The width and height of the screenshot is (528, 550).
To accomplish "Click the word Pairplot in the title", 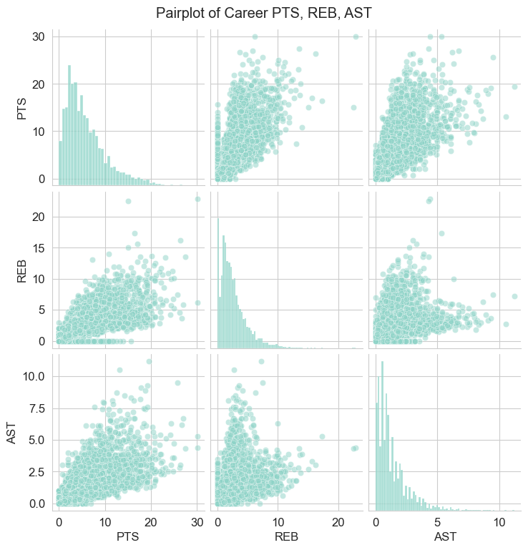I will [181, 12].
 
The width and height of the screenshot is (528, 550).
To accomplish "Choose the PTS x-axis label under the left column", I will [128, 534].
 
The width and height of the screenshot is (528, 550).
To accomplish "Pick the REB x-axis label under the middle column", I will [285, 534].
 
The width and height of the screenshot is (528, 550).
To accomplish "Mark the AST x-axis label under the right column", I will [443, 534].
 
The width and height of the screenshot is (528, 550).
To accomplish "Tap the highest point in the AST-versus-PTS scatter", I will [149, 361].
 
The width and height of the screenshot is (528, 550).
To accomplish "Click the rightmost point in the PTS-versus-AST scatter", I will [514, 87].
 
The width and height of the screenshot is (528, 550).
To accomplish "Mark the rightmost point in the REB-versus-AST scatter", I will [514, 296].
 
